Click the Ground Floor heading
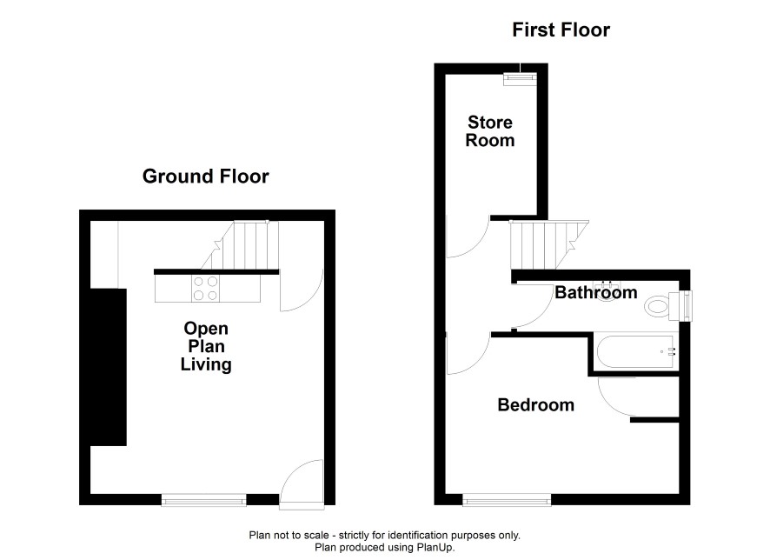coord(205,177)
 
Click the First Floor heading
coord(561,30)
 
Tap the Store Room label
coord(490,131)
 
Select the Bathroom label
coord(595,293)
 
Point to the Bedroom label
coord(535,404)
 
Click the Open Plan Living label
coord(206,346)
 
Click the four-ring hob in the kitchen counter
coord(206,289)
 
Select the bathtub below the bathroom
coord(636,352)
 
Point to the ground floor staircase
coord(240,245)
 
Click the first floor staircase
coord(549,244)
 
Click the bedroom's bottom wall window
coord(507,501)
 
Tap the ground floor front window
coord(203,500)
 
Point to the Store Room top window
coord(520,78)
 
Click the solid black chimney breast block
coord(109,367)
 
